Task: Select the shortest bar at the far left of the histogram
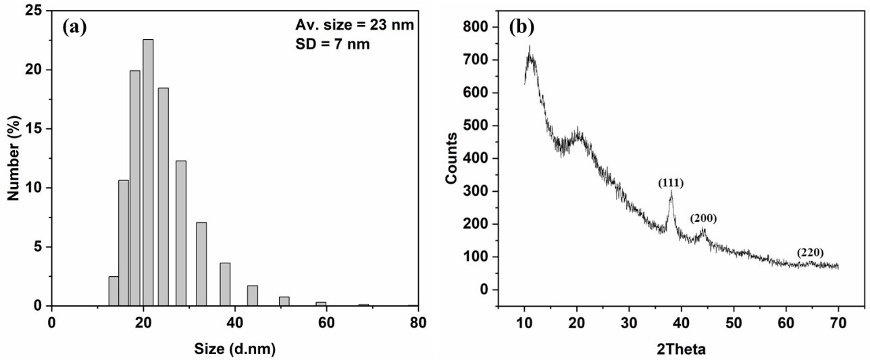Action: coord(113,291)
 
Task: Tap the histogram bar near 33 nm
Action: coord(201,264)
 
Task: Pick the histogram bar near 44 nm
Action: coord(253,295)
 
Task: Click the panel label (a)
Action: coord(74,27)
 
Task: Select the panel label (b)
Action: coord(521,27)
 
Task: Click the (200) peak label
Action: coord(703,218)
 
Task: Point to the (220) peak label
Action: coord(810,253)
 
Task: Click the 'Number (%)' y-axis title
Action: coord(13,159)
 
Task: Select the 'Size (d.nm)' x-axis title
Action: coord(235,349)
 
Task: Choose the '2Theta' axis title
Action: coord(681,350)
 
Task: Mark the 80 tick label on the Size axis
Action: coord(418,322)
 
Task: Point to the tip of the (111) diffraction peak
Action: coord(671,192)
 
